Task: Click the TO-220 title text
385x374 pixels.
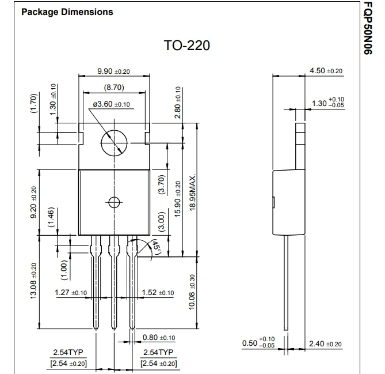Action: coord(186,46)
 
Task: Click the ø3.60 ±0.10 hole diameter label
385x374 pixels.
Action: coord(111,104)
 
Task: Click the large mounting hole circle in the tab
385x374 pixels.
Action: coord(114,142)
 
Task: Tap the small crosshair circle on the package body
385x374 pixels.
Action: coord(114,202)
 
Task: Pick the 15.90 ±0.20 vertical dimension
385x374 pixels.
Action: coord(178,199)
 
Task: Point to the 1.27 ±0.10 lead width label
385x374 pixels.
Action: coord(70,293)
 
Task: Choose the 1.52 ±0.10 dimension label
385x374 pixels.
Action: coord(158,293)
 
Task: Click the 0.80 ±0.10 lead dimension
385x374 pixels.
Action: coord(159,338)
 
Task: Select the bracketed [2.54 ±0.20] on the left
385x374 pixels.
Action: coord(69,363)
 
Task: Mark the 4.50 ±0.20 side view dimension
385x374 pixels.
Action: coord(326,71)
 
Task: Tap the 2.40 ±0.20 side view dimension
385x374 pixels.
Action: coord(325,344)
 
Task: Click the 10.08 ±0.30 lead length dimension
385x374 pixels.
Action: coord(193,292)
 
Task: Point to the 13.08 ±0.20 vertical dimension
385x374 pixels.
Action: coord(33,281)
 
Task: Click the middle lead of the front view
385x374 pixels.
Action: coord(114,282)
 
